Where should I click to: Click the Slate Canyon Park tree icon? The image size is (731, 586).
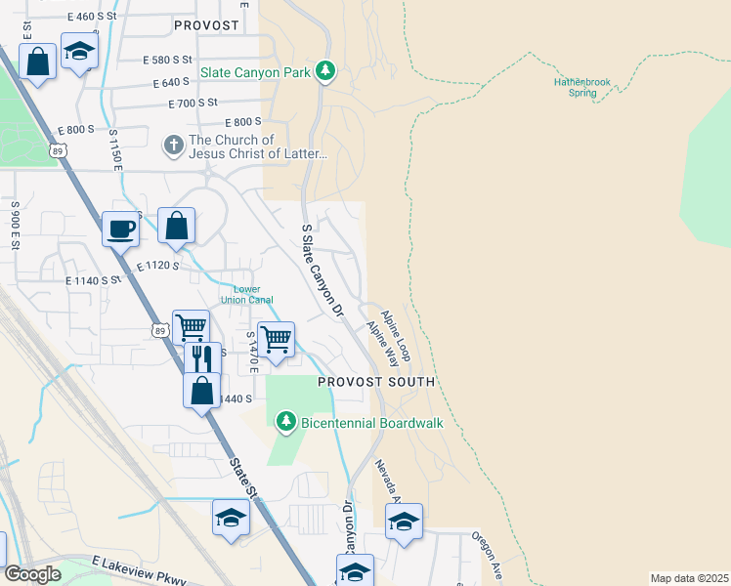point(326,71)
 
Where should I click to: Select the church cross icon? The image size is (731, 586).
point(173,146)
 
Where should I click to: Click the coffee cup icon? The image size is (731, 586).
point(121,229)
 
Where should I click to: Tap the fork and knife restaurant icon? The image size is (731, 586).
point(202,358)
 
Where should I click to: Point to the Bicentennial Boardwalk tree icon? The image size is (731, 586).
point(285,422)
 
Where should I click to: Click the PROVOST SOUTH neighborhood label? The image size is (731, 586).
point(375,382)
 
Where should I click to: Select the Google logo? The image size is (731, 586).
point(33,574)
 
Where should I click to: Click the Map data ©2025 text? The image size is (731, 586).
point(688,577)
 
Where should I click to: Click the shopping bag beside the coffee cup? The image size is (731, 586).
point(176,226)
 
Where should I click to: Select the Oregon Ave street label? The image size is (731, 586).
point(486,553)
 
